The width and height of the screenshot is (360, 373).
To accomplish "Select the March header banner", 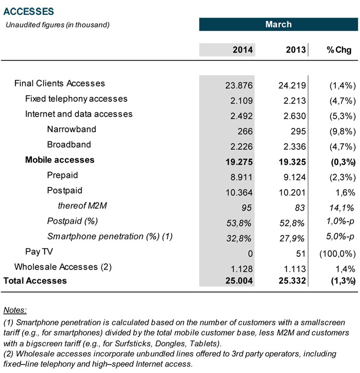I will (x=279, y=25).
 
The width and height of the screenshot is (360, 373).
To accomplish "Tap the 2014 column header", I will (x=243, y=50).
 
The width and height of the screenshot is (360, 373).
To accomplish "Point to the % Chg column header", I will (x=339, y=50).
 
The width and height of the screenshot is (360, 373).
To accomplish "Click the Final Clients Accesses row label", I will (x=60, y=83).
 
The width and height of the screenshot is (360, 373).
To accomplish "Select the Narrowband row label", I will (x=69, y=129).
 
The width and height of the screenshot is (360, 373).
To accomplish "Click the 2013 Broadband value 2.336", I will (x=292, y=145).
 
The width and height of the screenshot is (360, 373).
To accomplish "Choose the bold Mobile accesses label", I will (x=60, y=160).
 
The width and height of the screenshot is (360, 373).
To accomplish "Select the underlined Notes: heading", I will (x=15, y=310).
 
